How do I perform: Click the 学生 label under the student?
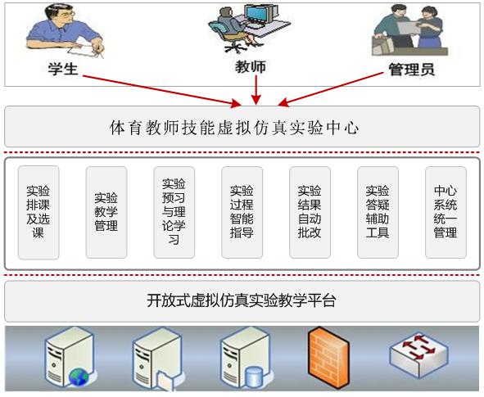pyautogui.click(x=63, y=69)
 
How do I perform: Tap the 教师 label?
pyautogui.click(x=251, y=66)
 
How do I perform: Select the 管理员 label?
pyautogui.click(x=411, y=70)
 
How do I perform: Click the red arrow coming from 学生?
pyautogui.click(x=162, y=91)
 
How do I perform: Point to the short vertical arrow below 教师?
pyautogui.click(x=256, y=90)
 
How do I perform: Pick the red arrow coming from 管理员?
pyautogui.click(x=331, y=89)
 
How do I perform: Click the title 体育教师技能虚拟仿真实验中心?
pyautogui.click(x=234, y=128)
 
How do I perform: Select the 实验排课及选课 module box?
pyautogui.click(x=38, y=212)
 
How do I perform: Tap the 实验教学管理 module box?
pyautogui.click(x=106, y=212)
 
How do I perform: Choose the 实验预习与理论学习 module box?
pyautogui.click(x=174, y=212)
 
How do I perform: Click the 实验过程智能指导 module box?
pyautogui.click(x=242, y=212)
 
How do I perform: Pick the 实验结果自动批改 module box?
pyautogui.click(x=310, y=212)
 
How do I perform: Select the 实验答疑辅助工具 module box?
pyautogui.click(x=378, y=212)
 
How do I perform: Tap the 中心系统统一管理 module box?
pyautogui.click(x=446, y=212)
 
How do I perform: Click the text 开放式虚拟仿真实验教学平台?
pyautogui.click(x=242, y=300)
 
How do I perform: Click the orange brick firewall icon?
pyautogui.click(x=329, y=357)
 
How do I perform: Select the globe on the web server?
pyautogui.click(x=79, y=377)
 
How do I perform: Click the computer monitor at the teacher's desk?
pyautogui.click(x=258, y=15)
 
